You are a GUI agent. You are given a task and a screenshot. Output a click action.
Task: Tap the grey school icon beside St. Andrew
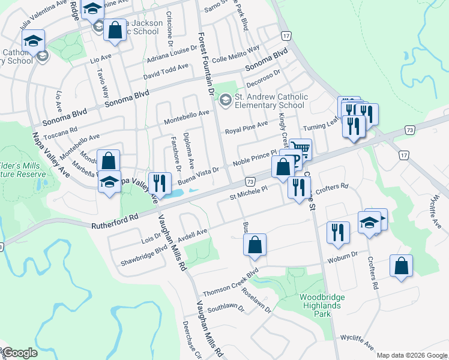(226, 98)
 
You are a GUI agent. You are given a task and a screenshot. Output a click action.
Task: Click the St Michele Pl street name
(249, 193)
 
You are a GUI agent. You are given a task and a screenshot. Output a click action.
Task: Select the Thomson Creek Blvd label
(230, 282)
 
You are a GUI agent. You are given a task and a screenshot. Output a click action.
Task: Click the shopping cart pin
(301, 148)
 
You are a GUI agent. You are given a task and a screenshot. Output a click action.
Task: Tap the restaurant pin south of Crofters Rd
(339, 232)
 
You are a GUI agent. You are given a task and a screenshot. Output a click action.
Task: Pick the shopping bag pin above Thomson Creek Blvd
(255, 245)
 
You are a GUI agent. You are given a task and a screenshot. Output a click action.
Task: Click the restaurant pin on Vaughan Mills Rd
(157, 182)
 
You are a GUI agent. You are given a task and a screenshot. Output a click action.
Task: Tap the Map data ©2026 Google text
(412, 355)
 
